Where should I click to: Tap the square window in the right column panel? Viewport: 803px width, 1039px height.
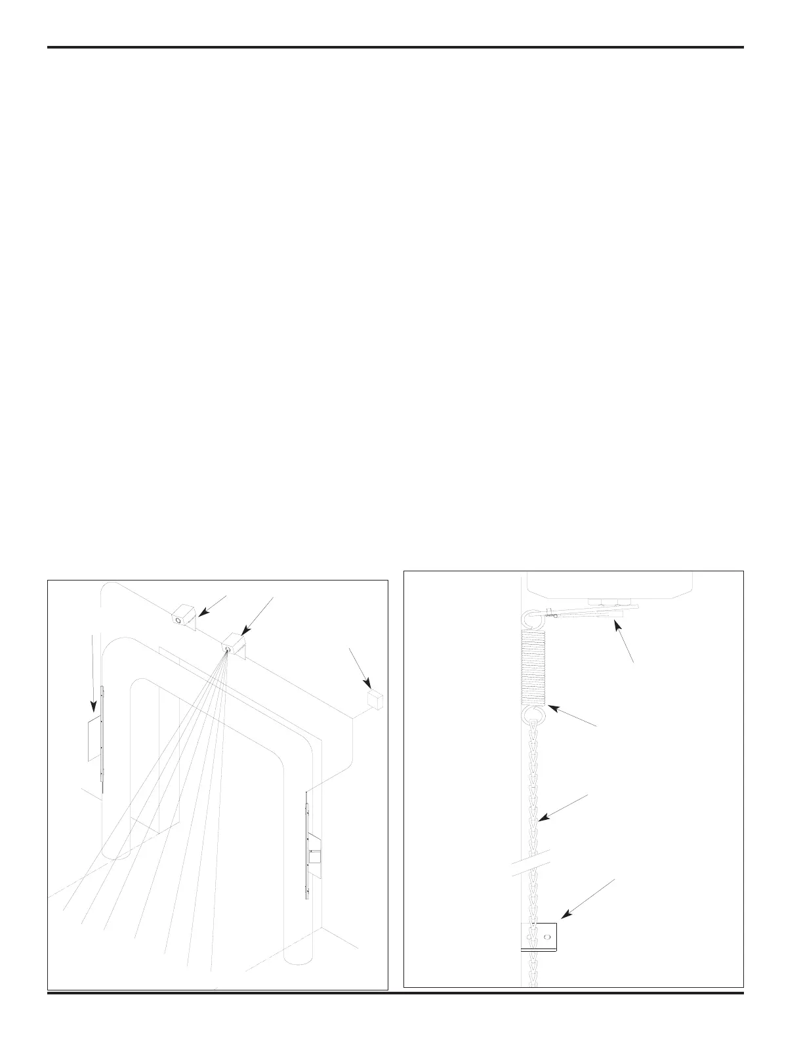[315, 855]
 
